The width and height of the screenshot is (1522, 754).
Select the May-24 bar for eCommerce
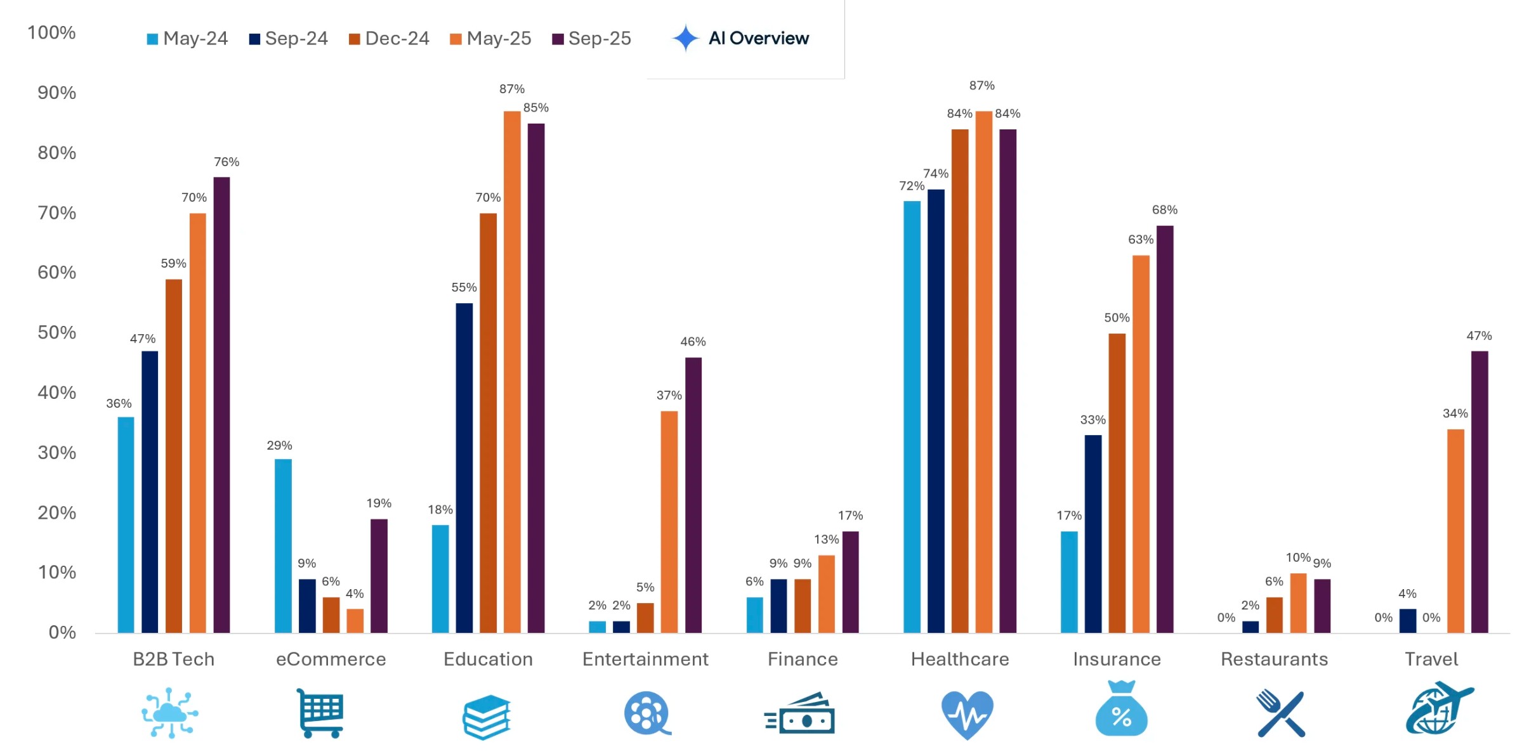click(283, 545)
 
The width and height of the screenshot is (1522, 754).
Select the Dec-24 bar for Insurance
click(1117, 483)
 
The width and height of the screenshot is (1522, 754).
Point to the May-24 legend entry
click(187, 39)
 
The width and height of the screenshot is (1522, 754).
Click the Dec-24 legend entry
click(389, 39)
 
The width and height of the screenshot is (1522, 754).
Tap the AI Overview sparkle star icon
click(685, 38)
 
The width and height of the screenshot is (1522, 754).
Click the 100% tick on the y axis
click(51, 32)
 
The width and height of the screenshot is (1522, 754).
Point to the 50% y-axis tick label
click(56, 332)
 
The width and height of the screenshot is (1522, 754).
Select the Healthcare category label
click(959, 659)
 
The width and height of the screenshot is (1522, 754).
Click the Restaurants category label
click(1274, 659)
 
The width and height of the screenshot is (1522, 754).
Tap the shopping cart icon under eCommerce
click(320, 713)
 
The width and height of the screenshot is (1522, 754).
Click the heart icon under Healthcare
click(967, 714)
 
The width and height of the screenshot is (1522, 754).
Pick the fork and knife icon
click(1280, 713)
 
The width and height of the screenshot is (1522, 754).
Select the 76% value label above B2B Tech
click(226, 162)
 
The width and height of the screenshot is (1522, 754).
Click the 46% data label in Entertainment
click(693, 341)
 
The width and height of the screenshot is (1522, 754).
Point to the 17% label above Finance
click(850, 515)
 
